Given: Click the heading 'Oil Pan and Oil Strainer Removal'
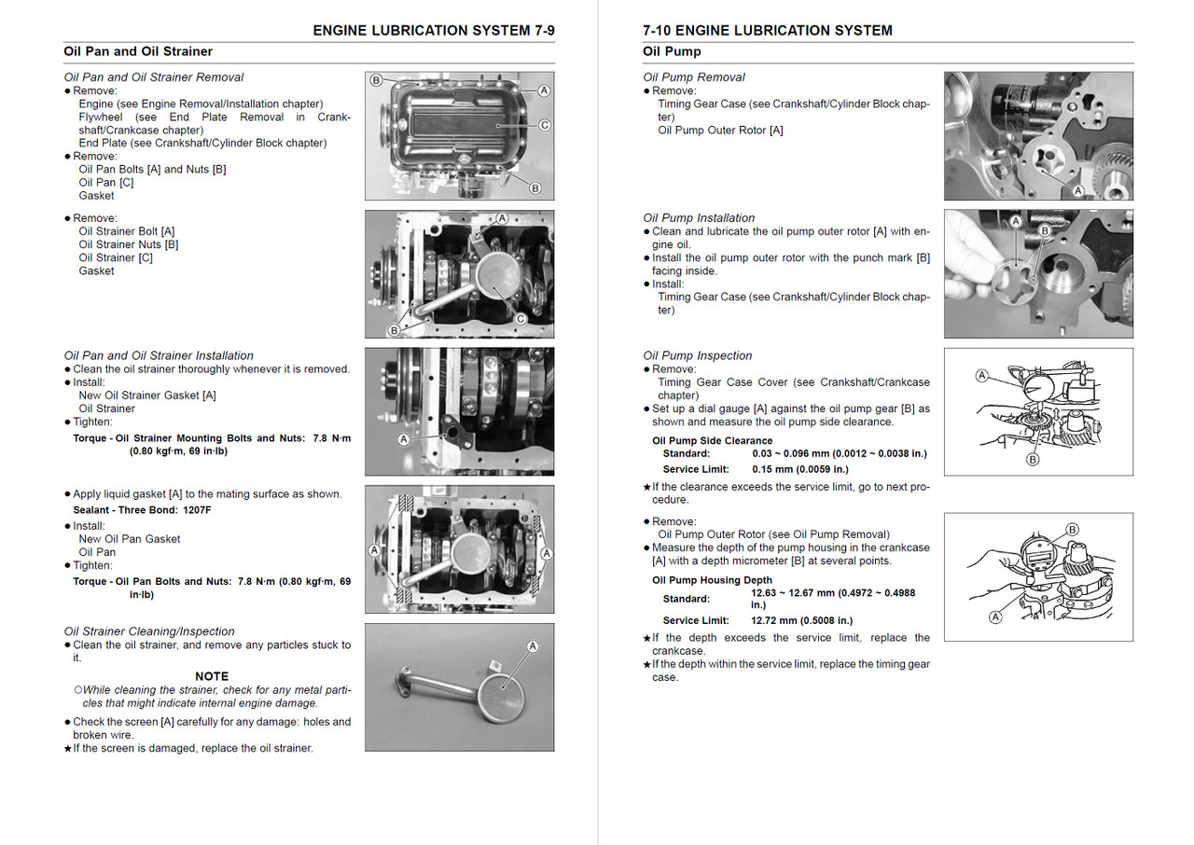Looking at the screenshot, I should [x=154, y=77].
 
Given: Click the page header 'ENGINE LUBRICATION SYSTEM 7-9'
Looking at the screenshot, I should [x=433, y=31].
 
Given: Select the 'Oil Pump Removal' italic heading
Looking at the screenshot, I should [x=693, y=77].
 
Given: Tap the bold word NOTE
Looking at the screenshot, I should [x=212, y=676].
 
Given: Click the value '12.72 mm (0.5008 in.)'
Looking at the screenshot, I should [x=801, y=620].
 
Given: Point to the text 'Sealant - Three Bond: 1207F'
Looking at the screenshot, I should [x=142, y=510].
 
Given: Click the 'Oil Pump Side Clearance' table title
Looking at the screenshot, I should [x=712, y=440].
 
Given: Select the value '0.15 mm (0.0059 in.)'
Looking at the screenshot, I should [x=799, y=469].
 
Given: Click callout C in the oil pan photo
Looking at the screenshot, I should [x=544, y=125].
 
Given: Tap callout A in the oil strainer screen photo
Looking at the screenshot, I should [x=533, y=645].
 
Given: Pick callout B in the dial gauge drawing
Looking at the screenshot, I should [x=1033, y=459].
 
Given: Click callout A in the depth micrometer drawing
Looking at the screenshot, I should [x=994, y=616].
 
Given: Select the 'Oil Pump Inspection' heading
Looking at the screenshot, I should [x=697, y=355].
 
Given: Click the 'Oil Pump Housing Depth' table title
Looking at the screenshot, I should [x=712, y=580].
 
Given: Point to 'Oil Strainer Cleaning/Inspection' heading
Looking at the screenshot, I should [x=149, y=631].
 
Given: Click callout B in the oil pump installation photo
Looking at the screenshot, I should [x=1044, y=229].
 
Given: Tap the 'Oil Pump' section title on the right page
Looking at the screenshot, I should [x=672, y=51].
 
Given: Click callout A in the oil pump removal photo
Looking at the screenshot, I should [x=1077, y=190].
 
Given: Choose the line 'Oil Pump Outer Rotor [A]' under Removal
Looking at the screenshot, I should [x=720, y=131].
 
